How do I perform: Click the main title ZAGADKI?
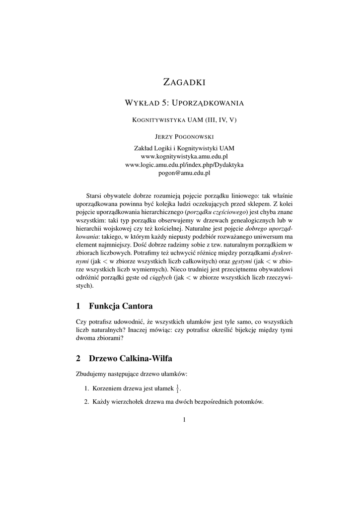184,81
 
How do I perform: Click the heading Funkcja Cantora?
121,305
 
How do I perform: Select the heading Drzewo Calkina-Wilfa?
131,358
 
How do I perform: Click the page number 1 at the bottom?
184,420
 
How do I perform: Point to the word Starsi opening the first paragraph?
95,195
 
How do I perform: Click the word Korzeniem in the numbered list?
108,388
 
